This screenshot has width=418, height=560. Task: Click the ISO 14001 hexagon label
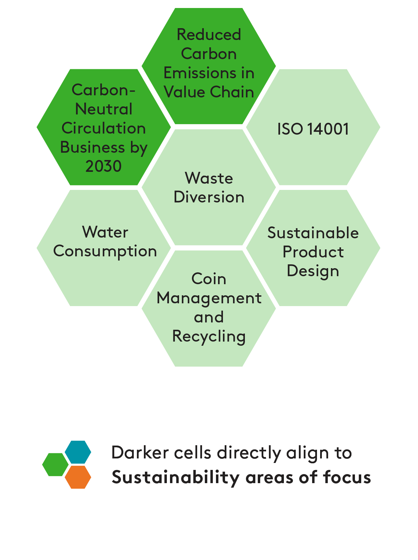(313, 129)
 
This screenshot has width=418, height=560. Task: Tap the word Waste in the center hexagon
(209, 178)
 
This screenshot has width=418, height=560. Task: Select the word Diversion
(209, 197)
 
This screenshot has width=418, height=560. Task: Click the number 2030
(103, 166)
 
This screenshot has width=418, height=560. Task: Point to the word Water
(105, 232)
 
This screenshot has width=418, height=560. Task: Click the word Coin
(209, 279)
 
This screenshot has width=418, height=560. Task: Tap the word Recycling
(209, 336)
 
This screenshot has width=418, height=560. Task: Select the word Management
(209, 298)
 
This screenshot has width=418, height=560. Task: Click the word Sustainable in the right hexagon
(313, 233)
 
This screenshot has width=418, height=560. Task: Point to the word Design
(313, 271)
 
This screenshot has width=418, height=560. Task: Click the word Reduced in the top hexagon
(209, 35)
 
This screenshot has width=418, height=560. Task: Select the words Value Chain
(209, 92)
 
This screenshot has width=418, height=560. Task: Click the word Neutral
(103, 109)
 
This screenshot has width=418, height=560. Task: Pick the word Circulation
(103, 128)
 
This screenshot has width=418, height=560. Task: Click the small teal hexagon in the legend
(78, 452)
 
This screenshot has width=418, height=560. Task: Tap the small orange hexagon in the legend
(78, 477)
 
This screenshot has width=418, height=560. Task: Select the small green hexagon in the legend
(55, 465)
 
